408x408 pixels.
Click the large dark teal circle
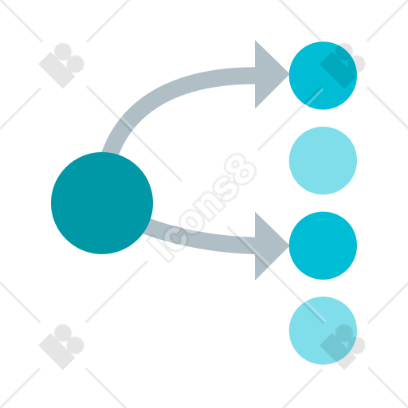point(102,203)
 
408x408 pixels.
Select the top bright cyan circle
point(323,76)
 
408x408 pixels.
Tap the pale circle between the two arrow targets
point(323,161)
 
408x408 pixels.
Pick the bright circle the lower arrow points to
point(323,245)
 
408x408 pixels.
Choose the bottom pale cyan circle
point(323,331)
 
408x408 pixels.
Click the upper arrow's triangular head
point(269,74)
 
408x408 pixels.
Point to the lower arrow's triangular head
point(269,246)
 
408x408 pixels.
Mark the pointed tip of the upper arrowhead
point(288,74)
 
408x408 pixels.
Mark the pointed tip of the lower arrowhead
point(288,246)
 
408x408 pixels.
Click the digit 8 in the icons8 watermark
point(240,169)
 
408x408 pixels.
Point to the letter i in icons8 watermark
point(159,249)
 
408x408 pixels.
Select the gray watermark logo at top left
point(61,65)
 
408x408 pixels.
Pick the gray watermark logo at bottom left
point(61,347)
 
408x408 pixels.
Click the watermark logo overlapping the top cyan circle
point(343,65)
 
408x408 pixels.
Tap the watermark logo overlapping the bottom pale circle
point(343,347)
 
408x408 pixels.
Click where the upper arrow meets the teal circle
point(110,153)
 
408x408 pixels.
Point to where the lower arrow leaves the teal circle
point(147,227)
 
